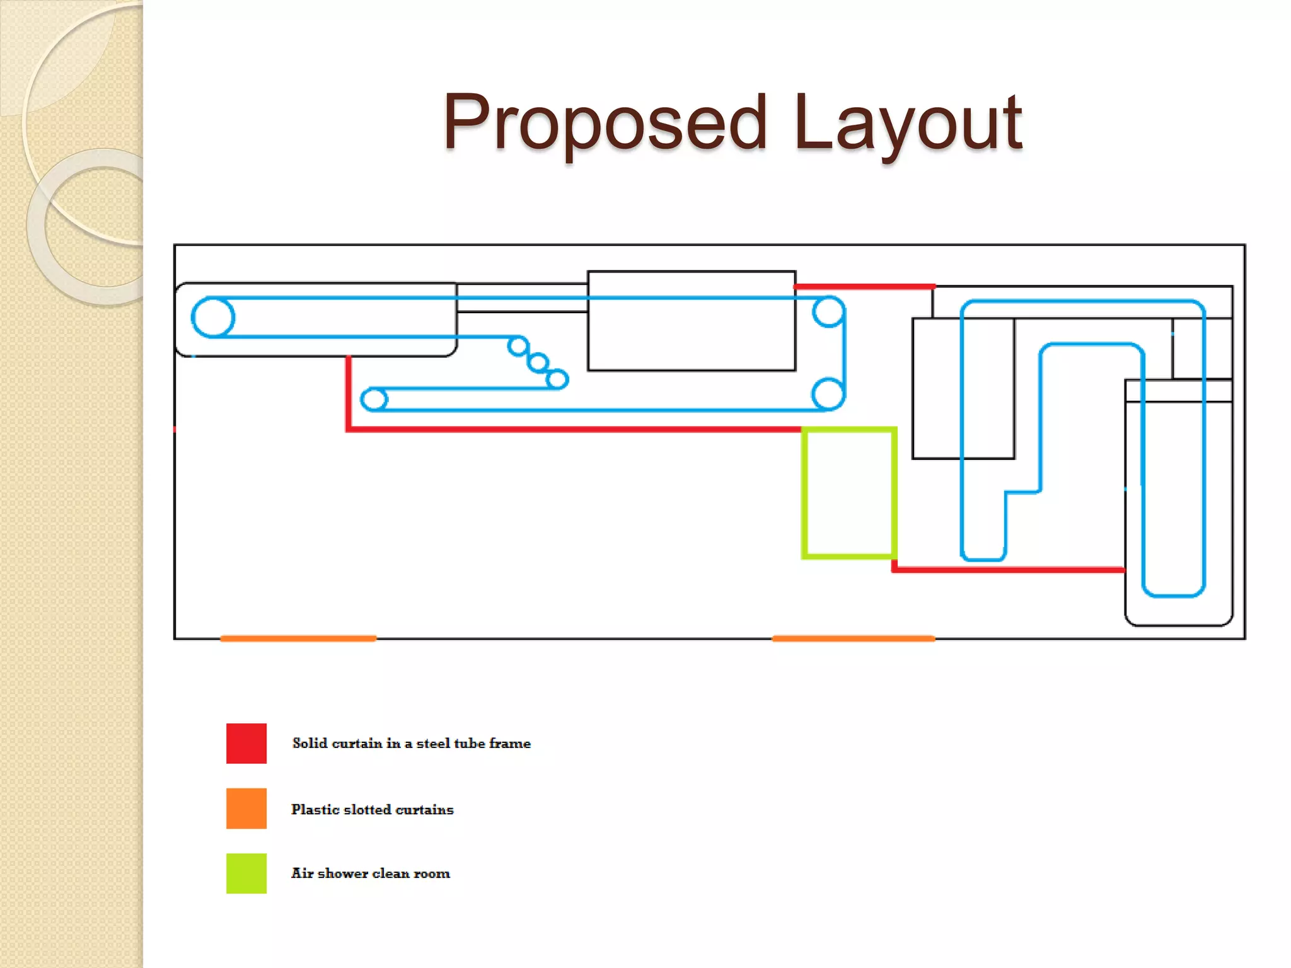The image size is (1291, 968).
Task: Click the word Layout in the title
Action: [908, 123]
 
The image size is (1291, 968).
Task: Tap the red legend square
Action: [246, 743]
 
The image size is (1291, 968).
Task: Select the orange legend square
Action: [246, 808]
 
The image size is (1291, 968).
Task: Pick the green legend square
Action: [246, 873]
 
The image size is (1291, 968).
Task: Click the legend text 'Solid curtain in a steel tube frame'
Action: [412, 744]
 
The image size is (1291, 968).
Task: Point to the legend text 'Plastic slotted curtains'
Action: [373, 809]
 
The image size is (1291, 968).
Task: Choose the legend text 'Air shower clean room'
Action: [371, 873]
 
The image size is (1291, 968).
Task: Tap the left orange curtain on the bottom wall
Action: [298, 638]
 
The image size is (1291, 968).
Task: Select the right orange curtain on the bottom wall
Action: [854, 638]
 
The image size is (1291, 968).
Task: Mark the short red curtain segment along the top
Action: [864, 287]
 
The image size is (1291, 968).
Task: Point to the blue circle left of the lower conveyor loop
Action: [361, 400]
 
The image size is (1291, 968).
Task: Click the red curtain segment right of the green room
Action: [1009, 570]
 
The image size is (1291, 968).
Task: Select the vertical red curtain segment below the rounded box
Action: [348, 393]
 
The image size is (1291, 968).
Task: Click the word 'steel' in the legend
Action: [433, 744]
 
